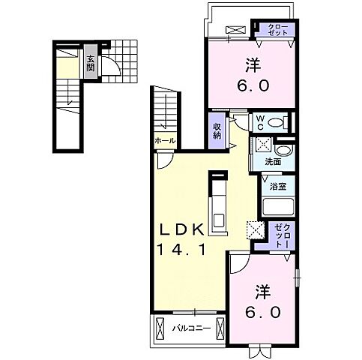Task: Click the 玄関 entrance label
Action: (x=90, y=62)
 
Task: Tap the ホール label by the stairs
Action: (x=165, y=141)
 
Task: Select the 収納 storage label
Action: (x=217, y=131)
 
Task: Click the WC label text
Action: (x=260, y=123)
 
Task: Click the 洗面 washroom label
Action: (x=273, y=162)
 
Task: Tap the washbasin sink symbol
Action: (x=283, y=151)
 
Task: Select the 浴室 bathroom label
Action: (x=278, y=186)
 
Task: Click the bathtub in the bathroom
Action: (x=278, y=206)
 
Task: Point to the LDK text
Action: (x=181, y=229)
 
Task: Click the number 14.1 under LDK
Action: (x=181, y=249)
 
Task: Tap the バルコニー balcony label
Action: (x=192, y=328)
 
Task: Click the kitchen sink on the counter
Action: (x=219, y=220)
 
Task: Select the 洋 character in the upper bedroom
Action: (x=253, y=65)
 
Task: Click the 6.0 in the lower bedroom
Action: (x=262, y=312)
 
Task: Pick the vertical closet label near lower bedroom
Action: (x=282, y=235)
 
